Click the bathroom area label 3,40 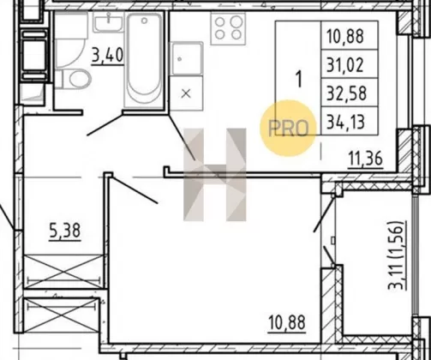coord(107,56)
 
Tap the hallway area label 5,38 coord(65,231)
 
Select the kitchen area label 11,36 coord(365,159)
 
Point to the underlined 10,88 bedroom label coord(287,323)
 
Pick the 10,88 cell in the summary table coord(345,36)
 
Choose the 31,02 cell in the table coord(345,65)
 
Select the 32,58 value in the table coord(346,93)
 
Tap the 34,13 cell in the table coord(345,122)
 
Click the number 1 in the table coord(299,79)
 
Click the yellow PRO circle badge coord(289,128)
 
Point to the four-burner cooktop coord(228,28)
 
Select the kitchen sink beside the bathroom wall coord(186,59)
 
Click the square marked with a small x coord(186,93)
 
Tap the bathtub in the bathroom coord(144,60)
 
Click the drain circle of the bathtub coord(144,21)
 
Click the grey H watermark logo coord(215,175)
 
